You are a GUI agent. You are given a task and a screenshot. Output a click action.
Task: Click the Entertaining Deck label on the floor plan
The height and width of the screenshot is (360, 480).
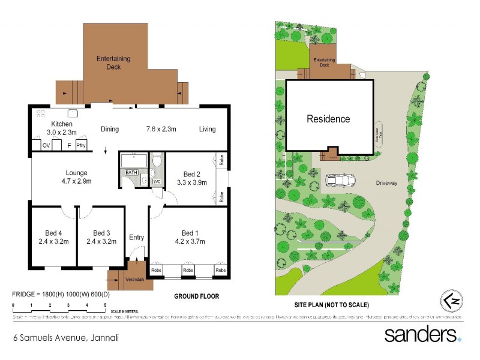[x=113, y=63]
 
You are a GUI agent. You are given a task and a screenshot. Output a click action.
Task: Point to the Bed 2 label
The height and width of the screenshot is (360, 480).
[x=191, y=178]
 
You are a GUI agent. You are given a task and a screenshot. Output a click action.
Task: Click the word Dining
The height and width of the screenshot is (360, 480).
[x=110, y=129]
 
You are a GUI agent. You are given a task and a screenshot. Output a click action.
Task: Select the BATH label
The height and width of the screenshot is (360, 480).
[x=131, y=173]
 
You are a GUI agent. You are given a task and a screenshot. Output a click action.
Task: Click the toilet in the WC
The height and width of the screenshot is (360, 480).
[x=157, y=161]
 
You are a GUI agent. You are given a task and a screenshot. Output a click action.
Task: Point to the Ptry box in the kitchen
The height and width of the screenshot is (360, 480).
[x=80, y=145]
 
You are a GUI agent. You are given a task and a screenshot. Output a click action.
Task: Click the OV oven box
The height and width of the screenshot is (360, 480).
[x=46, y=145]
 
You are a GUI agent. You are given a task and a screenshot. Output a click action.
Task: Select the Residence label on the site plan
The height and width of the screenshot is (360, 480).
[x=328, y=119]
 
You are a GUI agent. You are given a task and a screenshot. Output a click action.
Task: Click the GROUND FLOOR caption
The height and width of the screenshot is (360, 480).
[x=196, y=296]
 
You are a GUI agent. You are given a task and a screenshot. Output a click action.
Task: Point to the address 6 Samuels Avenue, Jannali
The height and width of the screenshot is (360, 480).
[x=66, y=338]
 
